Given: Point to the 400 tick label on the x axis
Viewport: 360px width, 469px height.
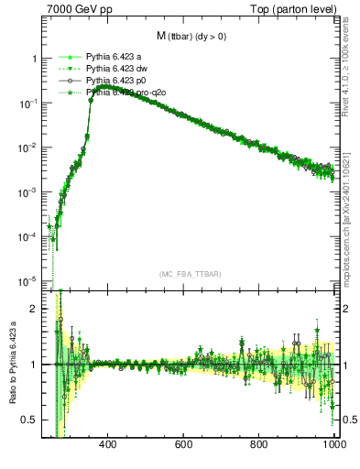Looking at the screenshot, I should click(x=107, y=445).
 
